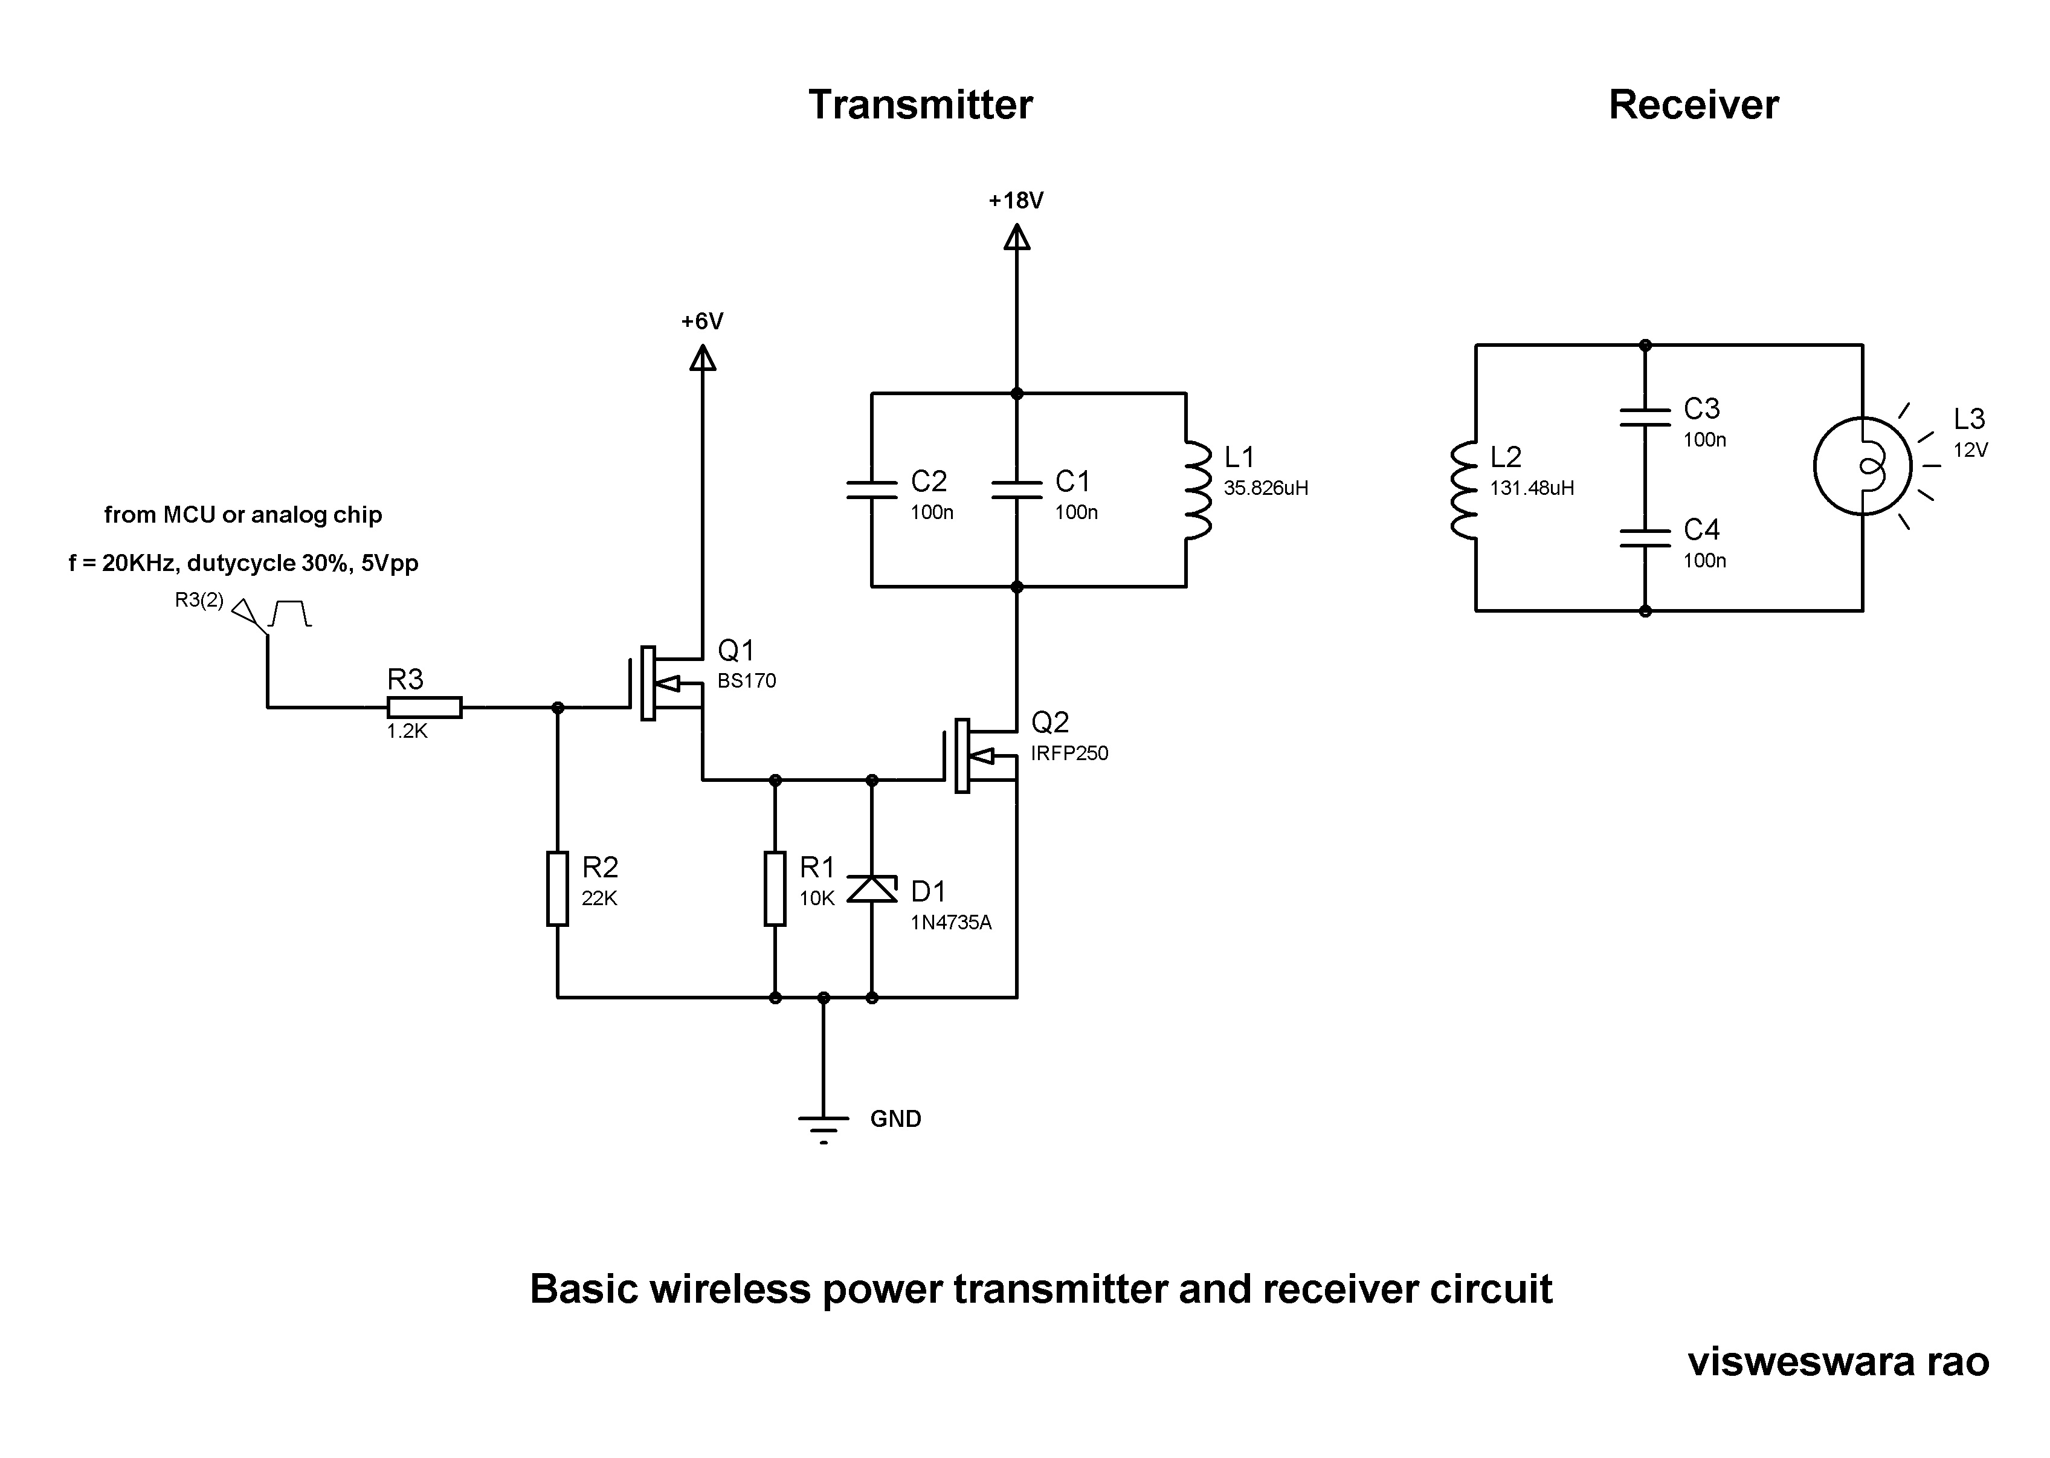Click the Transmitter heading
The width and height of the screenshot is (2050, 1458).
click(x=920, y=105)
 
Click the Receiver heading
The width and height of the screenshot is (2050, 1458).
click(x=1693, y=105)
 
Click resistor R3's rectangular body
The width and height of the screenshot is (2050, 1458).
click(x=425, y=708)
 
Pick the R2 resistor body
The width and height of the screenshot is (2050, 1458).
click(x=558, y=889)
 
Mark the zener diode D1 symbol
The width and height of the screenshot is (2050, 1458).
click(x=871, y=889)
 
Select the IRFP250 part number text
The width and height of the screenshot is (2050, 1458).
click(x=1069, y=753)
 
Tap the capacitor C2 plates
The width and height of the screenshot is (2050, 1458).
click(x=871, y=489)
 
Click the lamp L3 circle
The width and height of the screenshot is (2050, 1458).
click(x=1863, y=466)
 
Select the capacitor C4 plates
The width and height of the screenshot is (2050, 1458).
click(x=1645, y=538)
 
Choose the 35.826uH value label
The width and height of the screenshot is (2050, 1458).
click(x=1266, y=488)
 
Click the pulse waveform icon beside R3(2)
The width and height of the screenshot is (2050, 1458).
click(x=290, y=613)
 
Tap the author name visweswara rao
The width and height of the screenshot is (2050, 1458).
click(x=1838, y=1362)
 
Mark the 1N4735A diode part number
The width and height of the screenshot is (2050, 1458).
click(x=950, y=923)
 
